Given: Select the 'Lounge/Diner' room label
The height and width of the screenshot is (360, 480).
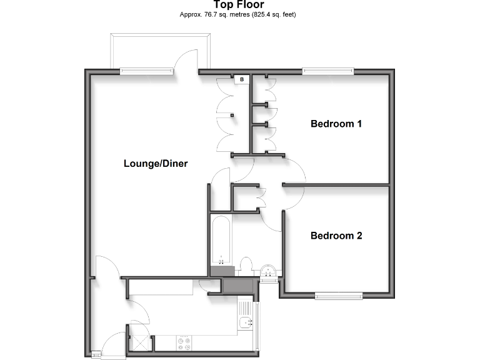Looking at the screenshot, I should [156, 164].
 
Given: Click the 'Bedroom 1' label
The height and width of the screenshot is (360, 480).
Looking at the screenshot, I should [336, 124].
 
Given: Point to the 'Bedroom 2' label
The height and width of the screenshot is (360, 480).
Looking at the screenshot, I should [336, 236].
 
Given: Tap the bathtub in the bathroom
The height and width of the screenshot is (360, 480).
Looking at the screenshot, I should [221, 241].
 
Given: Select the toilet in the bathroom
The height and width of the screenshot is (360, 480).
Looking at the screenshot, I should [246, 266].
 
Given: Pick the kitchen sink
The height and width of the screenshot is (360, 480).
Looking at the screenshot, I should [246, 322].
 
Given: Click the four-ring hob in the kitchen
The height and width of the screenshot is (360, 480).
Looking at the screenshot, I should [185, 343].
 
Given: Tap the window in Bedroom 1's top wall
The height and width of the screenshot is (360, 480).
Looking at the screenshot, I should [329, 72].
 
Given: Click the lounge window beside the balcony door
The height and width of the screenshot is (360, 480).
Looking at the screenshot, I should [147, 72].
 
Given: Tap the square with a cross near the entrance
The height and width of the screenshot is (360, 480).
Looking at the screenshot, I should [141, 342].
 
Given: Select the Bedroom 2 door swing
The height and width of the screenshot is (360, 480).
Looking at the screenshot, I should [275, 220].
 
